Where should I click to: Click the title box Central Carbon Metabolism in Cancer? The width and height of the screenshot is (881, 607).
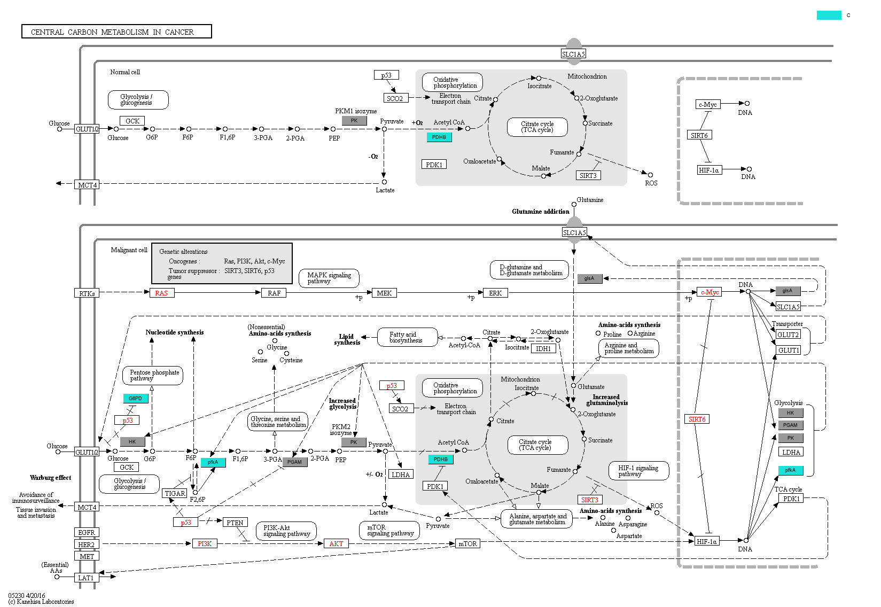[116, 32]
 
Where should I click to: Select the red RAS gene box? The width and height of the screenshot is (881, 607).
[161, 293]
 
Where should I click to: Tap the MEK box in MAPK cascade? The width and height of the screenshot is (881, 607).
[384, 293]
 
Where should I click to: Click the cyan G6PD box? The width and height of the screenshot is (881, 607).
[135, 398]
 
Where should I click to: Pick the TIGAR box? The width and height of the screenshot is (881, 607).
[175, 493]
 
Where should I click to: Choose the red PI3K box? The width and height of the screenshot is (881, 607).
[205, 543]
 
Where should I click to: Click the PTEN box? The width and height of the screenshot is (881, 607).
[235, 523]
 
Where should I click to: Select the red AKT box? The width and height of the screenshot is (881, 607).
[336, 543]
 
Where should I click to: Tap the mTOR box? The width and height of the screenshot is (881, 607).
[467, 543]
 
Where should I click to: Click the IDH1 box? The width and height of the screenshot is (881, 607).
[543, 348]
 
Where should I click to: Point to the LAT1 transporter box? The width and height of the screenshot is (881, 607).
[86, 578]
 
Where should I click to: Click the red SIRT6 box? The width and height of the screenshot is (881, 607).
[697, 419]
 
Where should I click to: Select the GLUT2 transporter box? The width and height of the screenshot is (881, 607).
[788, 334]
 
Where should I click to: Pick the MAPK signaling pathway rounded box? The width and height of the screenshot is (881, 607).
[329, 278]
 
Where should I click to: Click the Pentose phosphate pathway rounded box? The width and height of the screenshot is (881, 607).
[153, 375]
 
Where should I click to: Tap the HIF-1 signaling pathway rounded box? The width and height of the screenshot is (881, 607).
[638, 471]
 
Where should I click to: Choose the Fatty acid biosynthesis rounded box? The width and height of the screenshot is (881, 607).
[406, 337]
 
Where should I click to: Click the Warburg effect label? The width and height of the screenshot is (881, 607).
[50, 478]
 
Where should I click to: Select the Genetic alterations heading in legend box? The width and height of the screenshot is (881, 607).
[183, 252]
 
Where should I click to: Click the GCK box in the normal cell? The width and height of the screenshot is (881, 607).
[132, 121]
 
